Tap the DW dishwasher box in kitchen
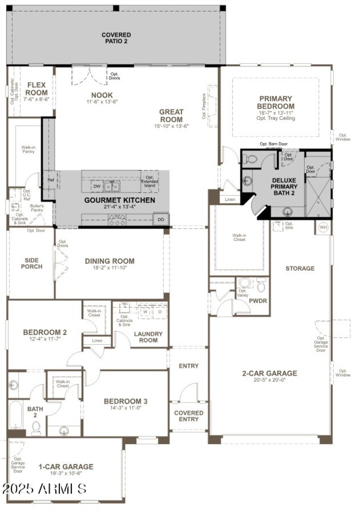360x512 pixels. (x=97, y=186)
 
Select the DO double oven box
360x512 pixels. (x=161, y=220)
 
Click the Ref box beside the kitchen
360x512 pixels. (x=51, y=179)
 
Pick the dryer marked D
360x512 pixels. (x=160, y=311)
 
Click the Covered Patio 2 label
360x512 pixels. (x=116, y=38)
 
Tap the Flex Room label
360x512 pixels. (x=36, y=89)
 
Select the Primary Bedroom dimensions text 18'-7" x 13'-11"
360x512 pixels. (x=276, y=113)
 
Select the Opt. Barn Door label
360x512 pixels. (x=273, y=144)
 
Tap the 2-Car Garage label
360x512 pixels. (x=270, y=373)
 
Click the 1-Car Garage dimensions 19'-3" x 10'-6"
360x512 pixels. (x=66, y=474)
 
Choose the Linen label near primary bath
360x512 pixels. (x=229, y=199)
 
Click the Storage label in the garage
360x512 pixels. (x=300, y=268)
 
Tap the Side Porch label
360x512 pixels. (x=32, y=263)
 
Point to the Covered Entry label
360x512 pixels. (x=189, y=416)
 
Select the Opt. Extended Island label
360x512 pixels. (x=150, y=181)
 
